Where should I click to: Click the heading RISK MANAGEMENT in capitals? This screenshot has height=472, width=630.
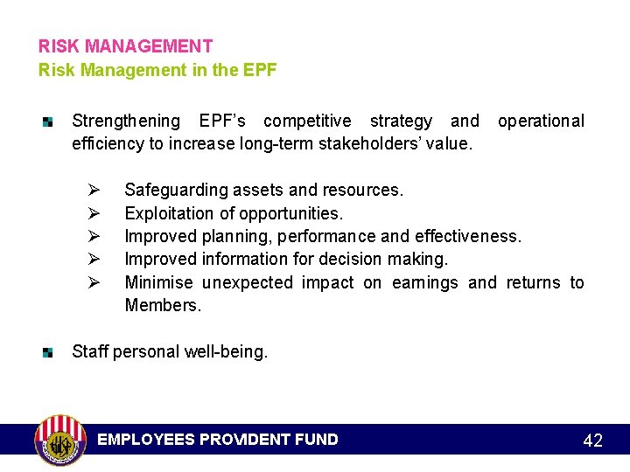coord(125,46)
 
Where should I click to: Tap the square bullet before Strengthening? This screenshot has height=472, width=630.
coord(49,121)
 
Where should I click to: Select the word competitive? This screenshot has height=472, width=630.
coord(307,121)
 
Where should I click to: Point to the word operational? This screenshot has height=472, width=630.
coord(541,121)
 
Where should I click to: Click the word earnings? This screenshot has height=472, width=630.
coord(424,282)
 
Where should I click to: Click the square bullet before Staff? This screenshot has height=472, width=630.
coord(49,352)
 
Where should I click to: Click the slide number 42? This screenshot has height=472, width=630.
coord(592,441)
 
